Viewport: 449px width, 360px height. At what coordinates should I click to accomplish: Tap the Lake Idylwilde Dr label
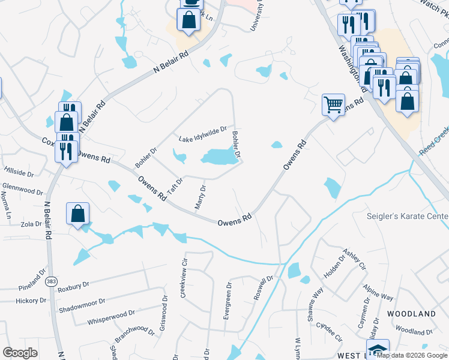tap(203, 139)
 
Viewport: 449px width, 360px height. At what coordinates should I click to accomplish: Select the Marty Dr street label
tap(200, 197)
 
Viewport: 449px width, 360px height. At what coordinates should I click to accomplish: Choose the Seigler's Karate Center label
tap(408, 216)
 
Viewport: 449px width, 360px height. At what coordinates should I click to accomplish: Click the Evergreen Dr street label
tap(227, 301)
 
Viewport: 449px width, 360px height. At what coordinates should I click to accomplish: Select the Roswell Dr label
tap(263, 288)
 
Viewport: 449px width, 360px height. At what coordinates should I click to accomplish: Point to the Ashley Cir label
tap(354, 259)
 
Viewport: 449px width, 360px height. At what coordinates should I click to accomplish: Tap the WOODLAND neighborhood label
tap(411, 314)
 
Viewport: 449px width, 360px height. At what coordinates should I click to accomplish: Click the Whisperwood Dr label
tap(111, 316)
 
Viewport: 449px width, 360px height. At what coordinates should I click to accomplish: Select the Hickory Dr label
tap(31, 300)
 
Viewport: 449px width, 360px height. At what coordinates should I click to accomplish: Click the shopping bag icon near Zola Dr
tap(78, 214)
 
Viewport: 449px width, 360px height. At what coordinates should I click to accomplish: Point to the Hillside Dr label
tap(19, 172)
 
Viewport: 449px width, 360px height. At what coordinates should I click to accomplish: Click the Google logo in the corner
tap(20, 353)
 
